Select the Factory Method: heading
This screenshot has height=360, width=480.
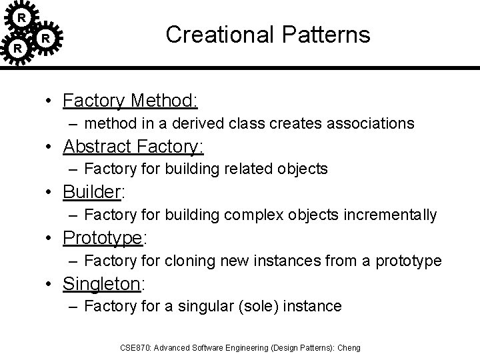pyautogui.click(x=130, y=101)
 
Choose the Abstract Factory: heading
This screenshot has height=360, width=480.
pyautogui.click(x=133, y=146)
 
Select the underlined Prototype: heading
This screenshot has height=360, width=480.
pyautogui.click(x=104, y=237)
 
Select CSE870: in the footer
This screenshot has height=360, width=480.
pyautogui.click(x=135, y=347)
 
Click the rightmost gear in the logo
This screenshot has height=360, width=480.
pyautogui.click(x=45, y=39)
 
